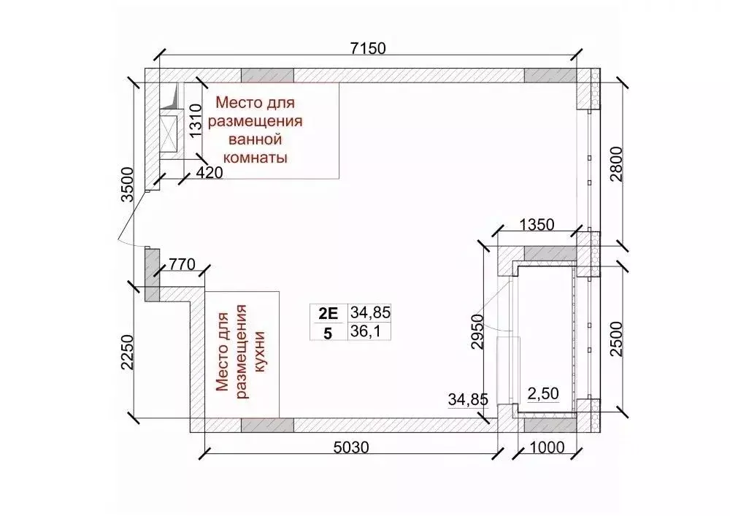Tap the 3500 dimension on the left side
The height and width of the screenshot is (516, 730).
(128, 189)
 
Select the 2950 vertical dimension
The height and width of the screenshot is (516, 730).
(479, 333)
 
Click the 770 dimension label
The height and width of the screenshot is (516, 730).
(182, 264)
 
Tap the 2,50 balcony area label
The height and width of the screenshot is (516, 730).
(543, 394)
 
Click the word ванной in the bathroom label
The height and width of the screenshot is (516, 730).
(255, 139)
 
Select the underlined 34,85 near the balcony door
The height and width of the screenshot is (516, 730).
(468, 399)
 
